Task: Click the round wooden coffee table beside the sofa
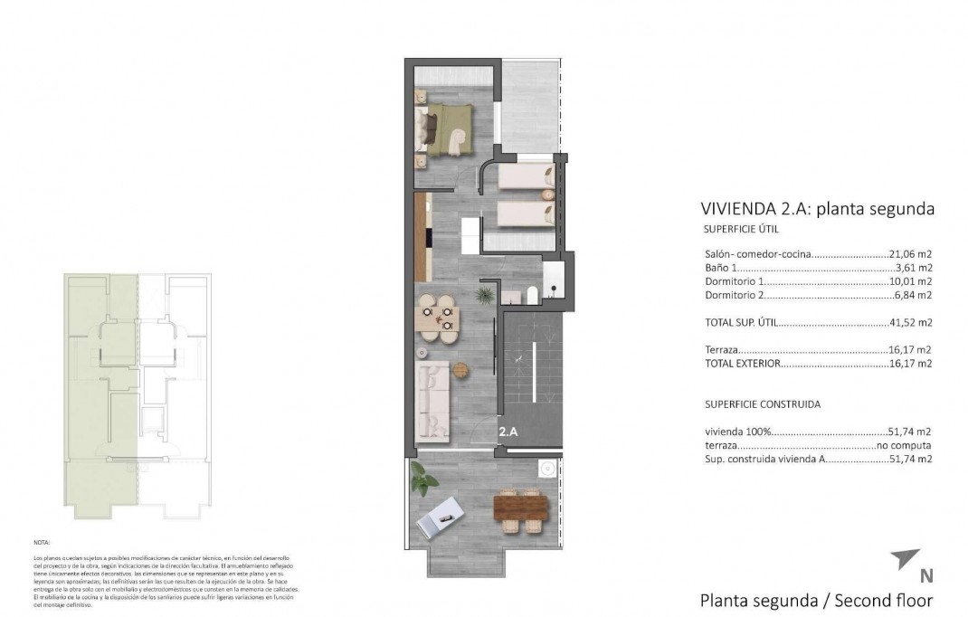(x=462, y=369)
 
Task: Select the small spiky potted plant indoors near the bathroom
(x=486, y=293)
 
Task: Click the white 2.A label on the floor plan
(x=508, y=432)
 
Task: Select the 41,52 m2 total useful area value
(x=911, y=322)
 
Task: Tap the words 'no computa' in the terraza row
(x=904, y=445)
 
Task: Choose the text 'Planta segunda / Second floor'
(x=816, y=599)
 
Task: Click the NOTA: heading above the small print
(x=43, y=543)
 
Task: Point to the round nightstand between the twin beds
(x=547, y=193)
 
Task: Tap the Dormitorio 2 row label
(x=735, y=295)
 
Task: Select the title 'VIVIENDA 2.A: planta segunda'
(x=817, y=209)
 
